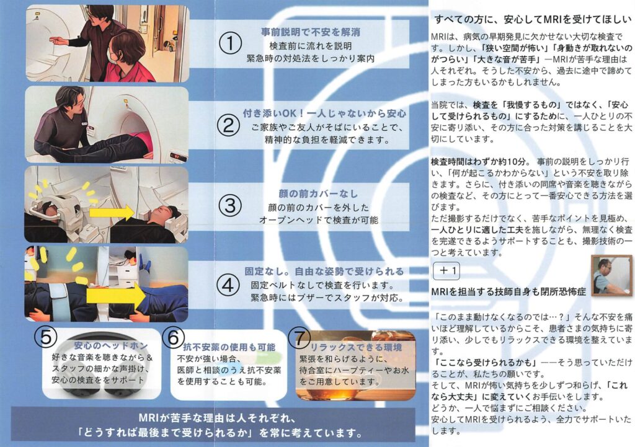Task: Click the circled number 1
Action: (x=231, y=43)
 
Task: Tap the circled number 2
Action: (x=229, y=125)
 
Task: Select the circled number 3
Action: (x=230, y=205)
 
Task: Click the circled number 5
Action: (x=46, y=337)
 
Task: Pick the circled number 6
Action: (x=174, y=337)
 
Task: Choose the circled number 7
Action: (x=300, y=338)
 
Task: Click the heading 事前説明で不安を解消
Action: (x=311, y=32)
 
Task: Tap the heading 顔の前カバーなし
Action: (x=318, y=193)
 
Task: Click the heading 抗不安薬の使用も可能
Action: (x=229, y=347)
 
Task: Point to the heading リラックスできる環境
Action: (x=356, y=347)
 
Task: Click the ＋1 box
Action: (x=446, y=271)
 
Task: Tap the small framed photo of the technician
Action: (x=611, y=275)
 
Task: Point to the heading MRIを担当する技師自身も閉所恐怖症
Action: (x=508, y=292)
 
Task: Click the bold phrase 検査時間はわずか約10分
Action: (x=478, y=162)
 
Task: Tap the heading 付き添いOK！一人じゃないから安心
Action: (x=325, y=113)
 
